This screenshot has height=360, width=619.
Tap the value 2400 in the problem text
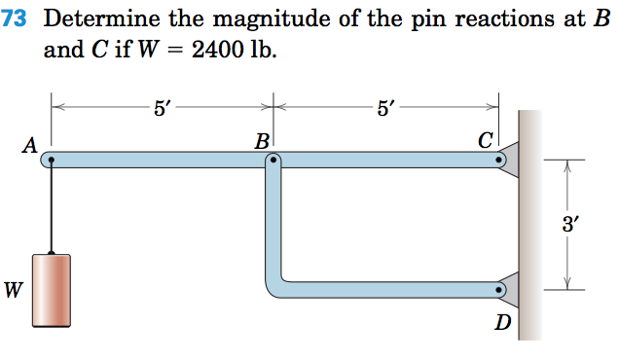[221, 49]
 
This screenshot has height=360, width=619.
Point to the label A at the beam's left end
[29, 146]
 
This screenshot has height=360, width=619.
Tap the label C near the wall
[486, 141]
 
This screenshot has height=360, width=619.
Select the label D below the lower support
[501, 322]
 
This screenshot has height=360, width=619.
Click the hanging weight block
[52, 289]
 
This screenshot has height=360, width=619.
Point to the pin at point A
[52, 162]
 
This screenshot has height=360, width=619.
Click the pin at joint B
[274, 162]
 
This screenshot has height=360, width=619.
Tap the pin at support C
[500, 162]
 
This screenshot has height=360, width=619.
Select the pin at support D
[500, 289]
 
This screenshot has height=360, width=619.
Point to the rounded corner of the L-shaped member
[275, 286]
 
